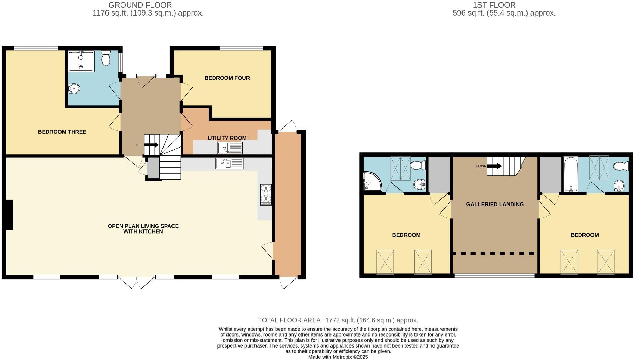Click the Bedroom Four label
click(227, 78)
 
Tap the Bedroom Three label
click(62, 132)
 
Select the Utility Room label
click(227, 138)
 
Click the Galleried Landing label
click(495, 204)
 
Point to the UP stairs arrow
click(151, 145)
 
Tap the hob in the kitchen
click(266, 195)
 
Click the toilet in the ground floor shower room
click(106, 58)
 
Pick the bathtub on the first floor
click(570, 174)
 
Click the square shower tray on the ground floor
click(81, 61)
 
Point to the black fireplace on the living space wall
click(9, 215)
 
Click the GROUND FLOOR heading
click(140, 5)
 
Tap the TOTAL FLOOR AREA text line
click(338, 320)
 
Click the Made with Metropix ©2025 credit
click(338, 357)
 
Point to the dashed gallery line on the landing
click(494, 253)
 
